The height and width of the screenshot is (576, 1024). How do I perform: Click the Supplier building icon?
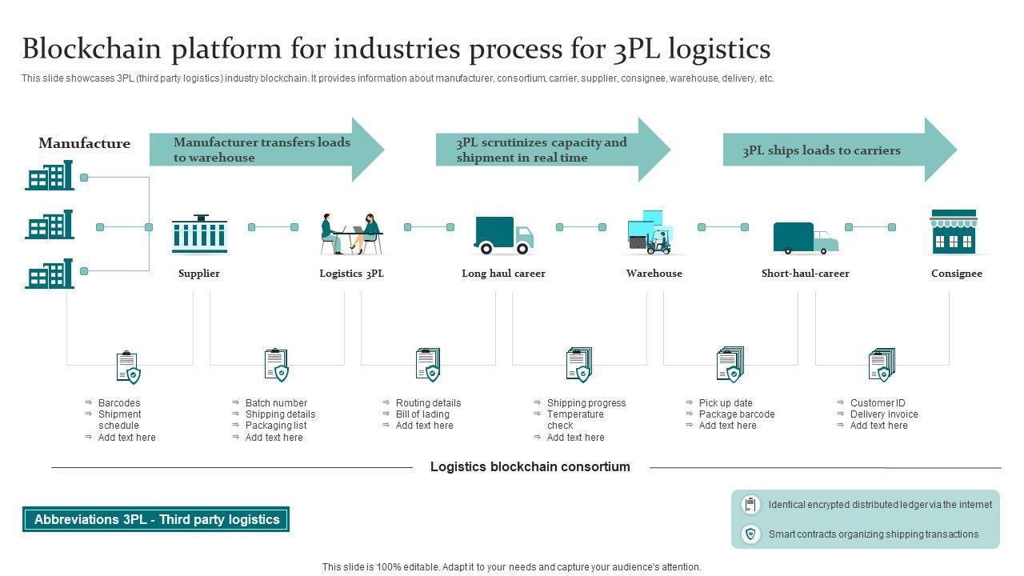tap(199, 234)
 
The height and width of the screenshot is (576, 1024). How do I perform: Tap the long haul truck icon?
tap(503, 235)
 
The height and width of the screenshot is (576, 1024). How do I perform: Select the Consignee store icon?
tap(954, 232)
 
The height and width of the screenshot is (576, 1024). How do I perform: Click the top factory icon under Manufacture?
tap(49, 176)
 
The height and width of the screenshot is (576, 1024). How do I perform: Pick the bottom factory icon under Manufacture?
tap(49, 274)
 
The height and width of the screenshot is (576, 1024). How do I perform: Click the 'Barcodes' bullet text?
tap(119, 403)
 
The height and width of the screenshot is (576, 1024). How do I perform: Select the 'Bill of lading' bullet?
tap(422, 414)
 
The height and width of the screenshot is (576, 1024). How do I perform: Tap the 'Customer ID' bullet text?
tap(878, 403)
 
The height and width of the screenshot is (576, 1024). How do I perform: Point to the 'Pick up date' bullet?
tap(726, 403)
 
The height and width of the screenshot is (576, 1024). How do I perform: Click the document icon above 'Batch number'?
tap(276, 365)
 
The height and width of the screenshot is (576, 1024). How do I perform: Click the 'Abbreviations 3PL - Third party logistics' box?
tap(156, 520)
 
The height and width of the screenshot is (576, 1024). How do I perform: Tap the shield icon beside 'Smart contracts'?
tap(750, 534)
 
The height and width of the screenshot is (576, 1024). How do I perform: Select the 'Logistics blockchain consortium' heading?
tap(530, 467)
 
